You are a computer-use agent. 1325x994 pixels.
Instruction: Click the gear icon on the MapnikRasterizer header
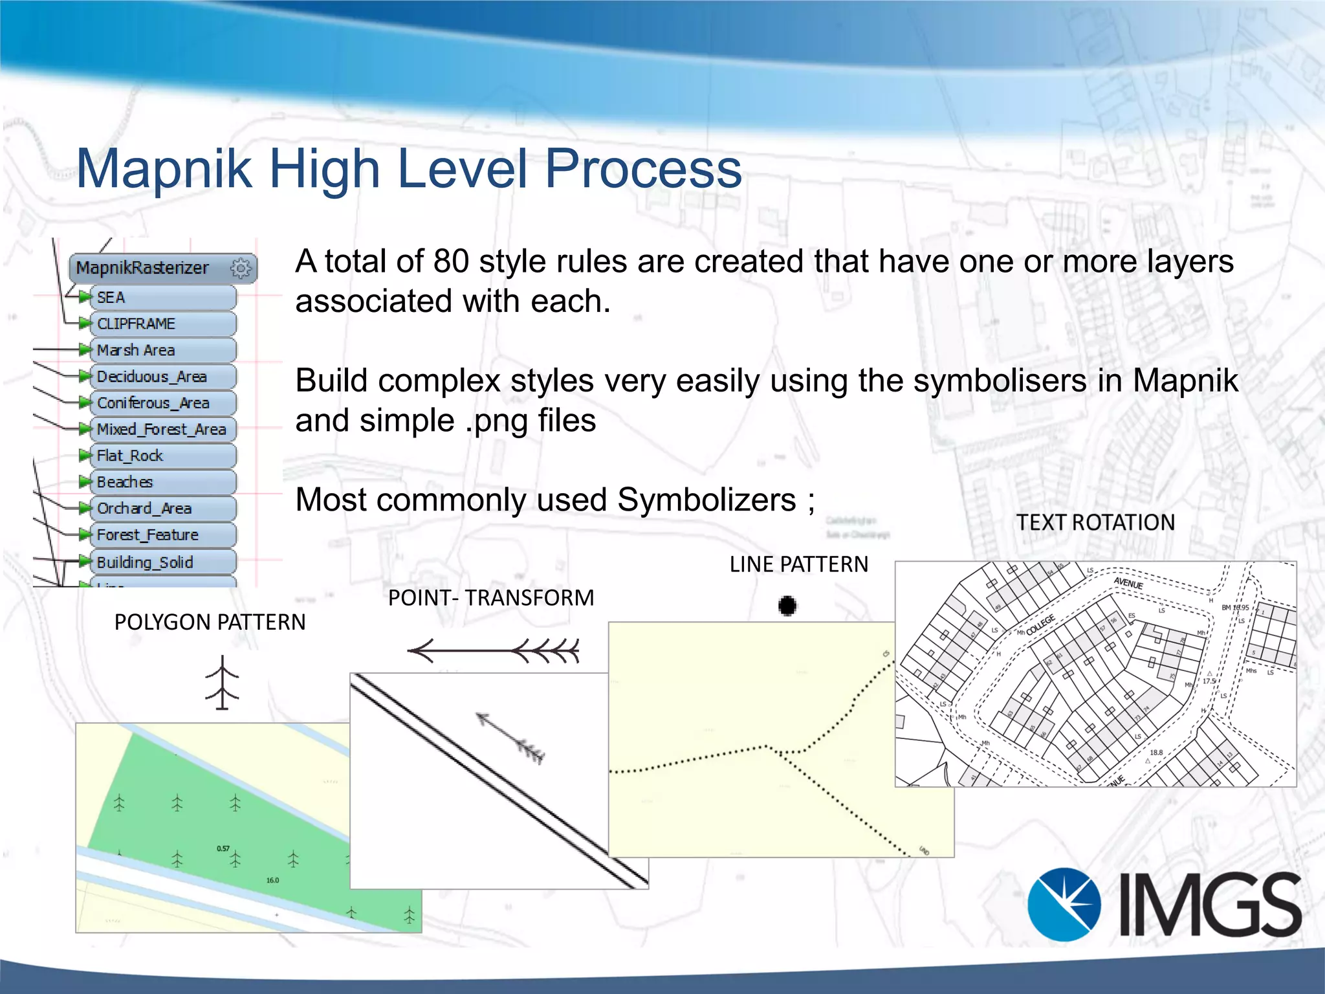(x=241, y=268)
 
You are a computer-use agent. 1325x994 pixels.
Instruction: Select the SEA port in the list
(x=111, y=298)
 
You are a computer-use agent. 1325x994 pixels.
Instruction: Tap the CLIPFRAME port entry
(x=136, y=324)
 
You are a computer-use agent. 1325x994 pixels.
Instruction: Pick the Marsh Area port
(x=136, y=350)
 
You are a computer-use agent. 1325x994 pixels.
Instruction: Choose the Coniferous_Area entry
(x=153, y=403)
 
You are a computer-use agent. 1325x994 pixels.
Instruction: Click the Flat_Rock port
(x=129, y=456)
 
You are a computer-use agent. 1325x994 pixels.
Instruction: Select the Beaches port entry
(x=125, y=482)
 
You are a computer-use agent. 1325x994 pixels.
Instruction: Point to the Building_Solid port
(x=144, y=562)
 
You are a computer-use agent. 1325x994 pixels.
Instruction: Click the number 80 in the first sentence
(x=451, y=261)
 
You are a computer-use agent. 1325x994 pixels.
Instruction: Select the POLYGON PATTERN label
(x=210, y=622)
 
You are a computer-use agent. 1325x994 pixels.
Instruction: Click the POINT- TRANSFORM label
(x=490, y=597)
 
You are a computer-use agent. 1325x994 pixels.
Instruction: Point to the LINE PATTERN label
(x=798, y=564)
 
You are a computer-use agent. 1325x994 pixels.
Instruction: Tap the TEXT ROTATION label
(x=1095, y=522)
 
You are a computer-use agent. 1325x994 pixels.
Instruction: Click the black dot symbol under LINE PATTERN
(x=787, y=606)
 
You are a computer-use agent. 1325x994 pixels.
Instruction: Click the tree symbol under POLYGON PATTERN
(x=223, y=682)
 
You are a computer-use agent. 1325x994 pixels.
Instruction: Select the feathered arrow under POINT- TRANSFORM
(x=493, y=650)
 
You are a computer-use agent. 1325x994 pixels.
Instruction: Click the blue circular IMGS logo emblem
(x=1064, y=904)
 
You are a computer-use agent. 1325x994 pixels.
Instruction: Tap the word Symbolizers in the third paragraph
(x=706, y=500)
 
